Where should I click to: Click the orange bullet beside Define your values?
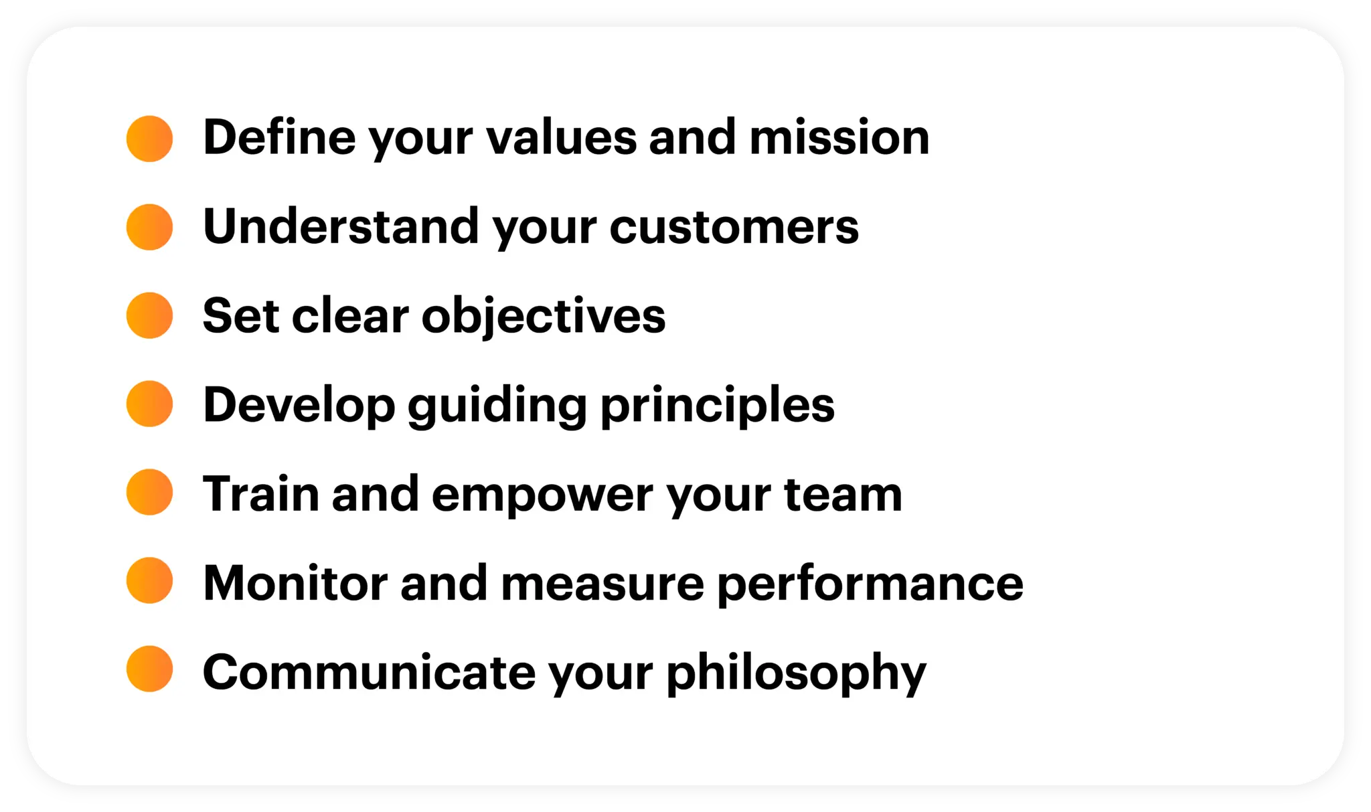(149, 139)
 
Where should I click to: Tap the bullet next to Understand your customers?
(149, 227)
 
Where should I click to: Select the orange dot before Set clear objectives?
(149, 315)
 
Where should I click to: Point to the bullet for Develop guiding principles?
(149, 404)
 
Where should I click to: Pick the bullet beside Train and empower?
(149, 492)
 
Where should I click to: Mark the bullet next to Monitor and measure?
(149, 580)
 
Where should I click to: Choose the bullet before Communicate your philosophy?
(149, 669)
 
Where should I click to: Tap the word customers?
(734, 227)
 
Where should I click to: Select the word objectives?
(543, 316)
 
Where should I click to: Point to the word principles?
(717, 406)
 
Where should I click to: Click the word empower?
(542, 495)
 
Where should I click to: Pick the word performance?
(870, 584)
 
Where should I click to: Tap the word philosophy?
(796, 673)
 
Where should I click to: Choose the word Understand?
(341, 226)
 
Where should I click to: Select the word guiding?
(497, 406)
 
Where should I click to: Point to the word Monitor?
(295, 583)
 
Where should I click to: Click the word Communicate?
(369, 672)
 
